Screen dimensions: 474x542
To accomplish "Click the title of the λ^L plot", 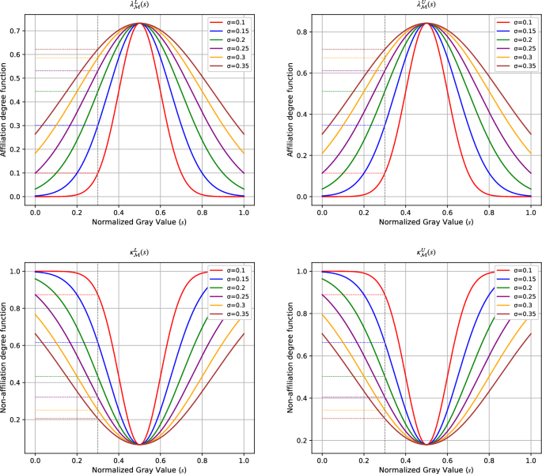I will [x=139, y=6].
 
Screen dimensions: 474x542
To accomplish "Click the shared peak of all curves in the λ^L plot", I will [x=139, y=24].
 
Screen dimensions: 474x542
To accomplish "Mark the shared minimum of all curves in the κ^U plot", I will [x=426, y=444].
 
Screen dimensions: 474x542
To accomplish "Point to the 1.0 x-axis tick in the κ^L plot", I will [x=243, y=458].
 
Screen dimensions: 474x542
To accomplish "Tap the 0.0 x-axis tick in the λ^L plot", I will [x=35, y=213].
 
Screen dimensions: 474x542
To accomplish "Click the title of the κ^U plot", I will [x=426, y=254].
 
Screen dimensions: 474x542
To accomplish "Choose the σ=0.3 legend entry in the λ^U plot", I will [x=514, y=58].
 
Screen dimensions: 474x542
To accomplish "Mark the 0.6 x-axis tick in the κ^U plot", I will [x=447, y=458].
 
